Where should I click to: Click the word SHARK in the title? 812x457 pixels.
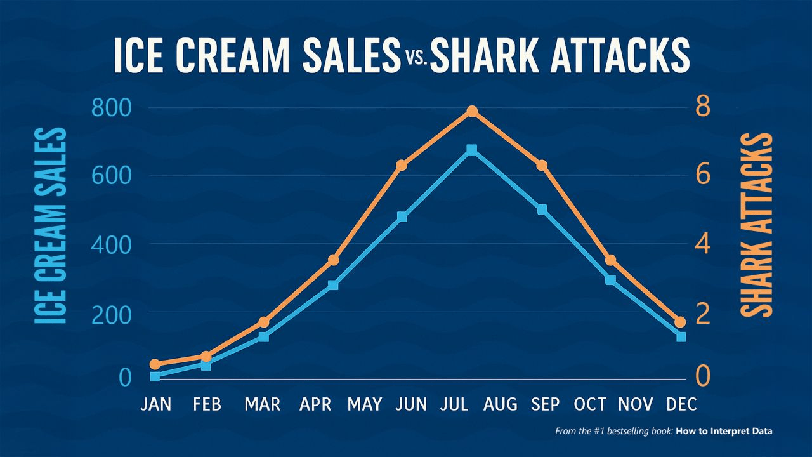pos(485,55)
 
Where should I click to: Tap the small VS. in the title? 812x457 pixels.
pos(417,58)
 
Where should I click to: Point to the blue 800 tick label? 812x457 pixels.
pos(111,107)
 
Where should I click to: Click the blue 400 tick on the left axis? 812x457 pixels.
pos(111,245)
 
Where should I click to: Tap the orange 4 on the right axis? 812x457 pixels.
pos(702,244)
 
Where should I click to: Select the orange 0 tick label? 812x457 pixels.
pos(703,376)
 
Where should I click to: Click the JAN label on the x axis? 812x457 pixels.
pos(156,404)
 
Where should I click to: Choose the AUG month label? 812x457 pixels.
pos(501,404)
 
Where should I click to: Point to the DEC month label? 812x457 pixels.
pos(681,404)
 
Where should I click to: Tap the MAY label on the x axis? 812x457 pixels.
pos(365,404)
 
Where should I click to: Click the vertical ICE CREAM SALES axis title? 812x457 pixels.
pos(50,225)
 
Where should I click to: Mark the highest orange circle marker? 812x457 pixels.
pos(471,111)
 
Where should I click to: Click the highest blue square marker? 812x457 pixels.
pos(471,150)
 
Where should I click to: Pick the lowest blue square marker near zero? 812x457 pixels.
pos(155,376)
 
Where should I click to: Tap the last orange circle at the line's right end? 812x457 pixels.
pos(681,322)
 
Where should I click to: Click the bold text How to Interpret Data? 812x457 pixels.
pos(724,431)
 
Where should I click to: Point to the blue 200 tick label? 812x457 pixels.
pos(111,315)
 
